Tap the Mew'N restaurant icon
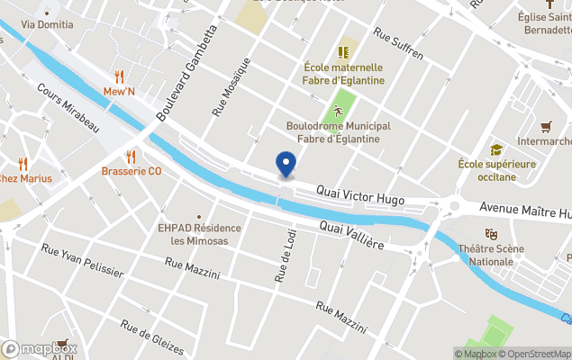pos(119,76)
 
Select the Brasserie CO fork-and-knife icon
pos(132,156)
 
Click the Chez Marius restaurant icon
pos(23,163)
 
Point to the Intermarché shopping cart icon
pos(546,127)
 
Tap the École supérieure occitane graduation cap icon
pos(496,149)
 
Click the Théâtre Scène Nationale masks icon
pos(491,234)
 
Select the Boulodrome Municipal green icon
pos(339,111)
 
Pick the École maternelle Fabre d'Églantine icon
pos(343,52)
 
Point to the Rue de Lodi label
pos(279,257)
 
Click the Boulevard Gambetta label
pos(186,73)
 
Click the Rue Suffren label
pos(398,47)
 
